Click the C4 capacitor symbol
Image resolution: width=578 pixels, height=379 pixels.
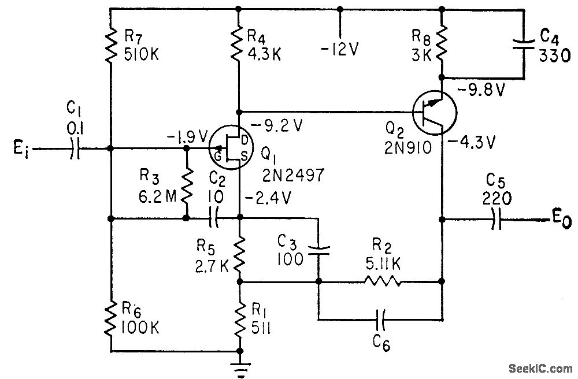tap(524, 44)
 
